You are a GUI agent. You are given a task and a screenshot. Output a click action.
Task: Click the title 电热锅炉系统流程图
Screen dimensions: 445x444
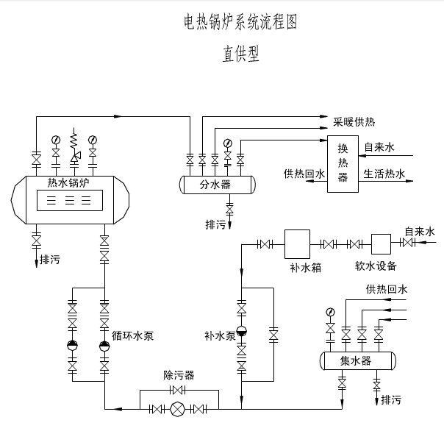pos(240,23)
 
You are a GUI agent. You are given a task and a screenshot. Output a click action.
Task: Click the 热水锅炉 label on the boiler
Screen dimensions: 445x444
pos(67,182)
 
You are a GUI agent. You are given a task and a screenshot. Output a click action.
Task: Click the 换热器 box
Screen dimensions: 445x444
pos(343,165)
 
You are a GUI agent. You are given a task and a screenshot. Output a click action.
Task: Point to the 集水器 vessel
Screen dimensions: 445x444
pos(357,361)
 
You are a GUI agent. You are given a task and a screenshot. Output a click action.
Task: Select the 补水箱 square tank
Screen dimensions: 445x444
pos(296,243)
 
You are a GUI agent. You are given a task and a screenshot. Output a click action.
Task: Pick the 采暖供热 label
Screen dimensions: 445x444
pos(354,121)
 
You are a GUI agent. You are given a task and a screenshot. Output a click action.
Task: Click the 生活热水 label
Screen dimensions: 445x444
pos(384,174)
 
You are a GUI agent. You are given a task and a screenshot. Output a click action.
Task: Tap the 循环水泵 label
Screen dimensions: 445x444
pos(132,336)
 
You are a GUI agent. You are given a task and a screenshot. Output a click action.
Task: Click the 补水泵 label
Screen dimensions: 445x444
pos(220,336)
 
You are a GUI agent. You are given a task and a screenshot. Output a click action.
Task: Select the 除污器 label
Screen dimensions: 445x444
pos(179,375)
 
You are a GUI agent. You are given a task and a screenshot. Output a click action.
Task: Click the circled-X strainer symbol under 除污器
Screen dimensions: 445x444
pos(177,410)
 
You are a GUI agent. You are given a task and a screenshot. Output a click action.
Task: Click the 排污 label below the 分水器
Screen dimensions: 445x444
pos(216,224)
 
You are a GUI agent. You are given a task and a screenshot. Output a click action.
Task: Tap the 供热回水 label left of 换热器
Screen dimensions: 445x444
pos(304,174)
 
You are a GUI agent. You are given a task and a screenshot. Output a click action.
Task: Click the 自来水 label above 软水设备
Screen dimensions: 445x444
pos(420,232)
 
